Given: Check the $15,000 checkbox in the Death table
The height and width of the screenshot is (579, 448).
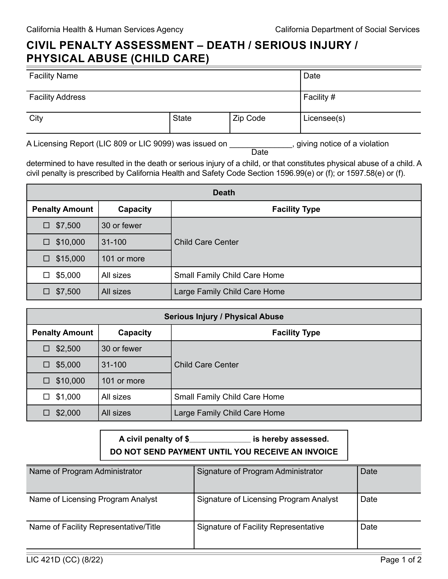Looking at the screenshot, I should pos(46,258).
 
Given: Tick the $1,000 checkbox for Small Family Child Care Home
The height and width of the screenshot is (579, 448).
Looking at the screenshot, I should pos(46,397).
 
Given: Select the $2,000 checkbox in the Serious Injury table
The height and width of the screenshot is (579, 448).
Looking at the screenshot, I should pos(46,413).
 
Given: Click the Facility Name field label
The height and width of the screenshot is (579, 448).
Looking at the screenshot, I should pos(53,76).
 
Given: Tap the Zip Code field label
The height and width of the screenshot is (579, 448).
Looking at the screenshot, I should pos(249,118).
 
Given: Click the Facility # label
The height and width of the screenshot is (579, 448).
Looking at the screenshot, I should pos(319,97).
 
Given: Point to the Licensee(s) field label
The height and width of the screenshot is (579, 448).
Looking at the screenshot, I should pos(324,118).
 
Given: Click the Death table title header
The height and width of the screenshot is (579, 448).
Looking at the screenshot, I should pos(224,192).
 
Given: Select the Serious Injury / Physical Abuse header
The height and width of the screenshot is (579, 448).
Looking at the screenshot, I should pos(224,317).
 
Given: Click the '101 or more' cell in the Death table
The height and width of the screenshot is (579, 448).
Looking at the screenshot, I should pos(123,258).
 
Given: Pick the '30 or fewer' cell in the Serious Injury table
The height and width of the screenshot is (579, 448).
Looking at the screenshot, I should pos(121,349).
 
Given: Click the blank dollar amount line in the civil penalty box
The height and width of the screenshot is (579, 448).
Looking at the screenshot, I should pos(220,440).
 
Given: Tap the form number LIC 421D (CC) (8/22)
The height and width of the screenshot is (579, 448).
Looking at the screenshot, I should pos(65,560).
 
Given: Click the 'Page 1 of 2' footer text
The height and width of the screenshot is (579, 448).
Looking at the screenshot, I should pos(401,560).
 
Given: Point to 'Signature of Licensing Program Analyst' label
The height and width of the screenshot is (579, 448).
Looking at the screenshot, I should pos(267,499).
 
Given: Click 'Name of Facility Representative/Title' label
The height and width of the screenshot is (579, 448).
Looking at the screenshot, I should pos(95,527).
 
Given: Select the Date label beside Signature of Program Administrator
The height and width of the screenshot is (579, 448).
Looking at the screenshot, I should pos(369,471).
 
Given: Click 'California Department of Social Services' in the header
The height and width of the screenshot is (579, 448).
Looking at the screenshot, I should pos(347,29).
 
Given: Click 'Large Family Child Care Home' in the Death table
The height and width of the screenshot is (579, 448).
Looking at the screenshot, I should pos(229,292).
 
